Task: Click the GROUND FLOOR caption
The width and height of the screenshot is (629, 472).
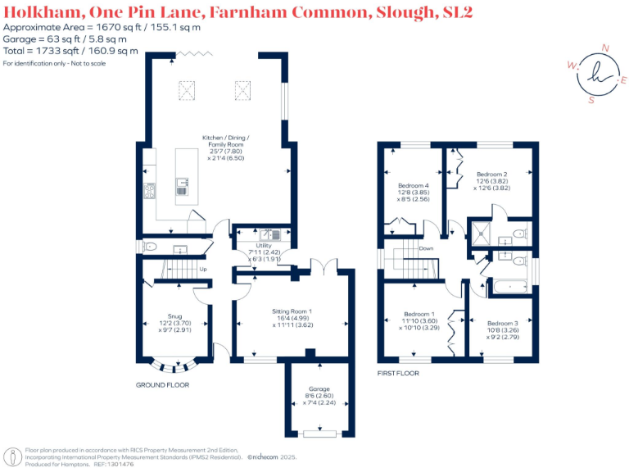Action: pos(162,384)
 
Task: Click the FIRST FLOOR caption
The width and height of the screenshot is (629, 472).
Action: pos(398,373)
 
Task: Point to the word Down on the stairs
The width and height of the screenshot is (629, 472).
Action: pos(426,248)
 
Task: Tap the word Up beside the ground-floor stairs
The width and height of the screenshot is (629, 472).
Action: pos(203,269)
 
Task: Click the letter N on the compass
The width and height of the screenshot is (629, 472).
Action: pos(605,48)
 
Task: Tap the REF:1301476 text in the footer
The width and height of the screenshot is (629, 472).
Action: pos(115,464)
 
